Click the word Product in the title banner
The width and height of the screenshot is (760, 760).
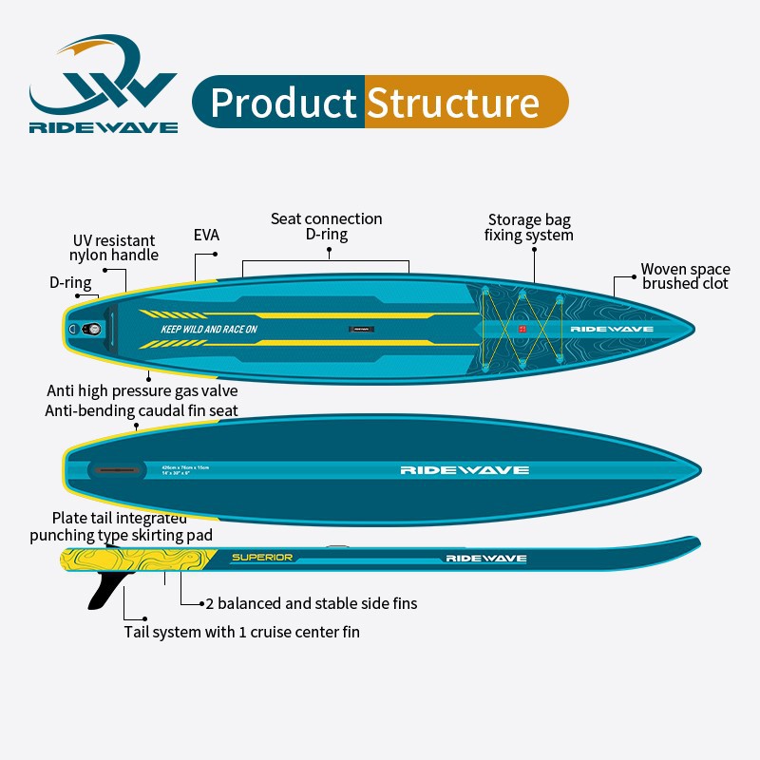click(x=283, y=103)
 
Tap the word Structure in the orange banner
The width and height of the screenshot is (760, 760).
click(x=453, y=103)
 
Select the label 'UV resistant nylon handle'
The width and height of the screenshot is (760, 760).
click(x=114, y=247)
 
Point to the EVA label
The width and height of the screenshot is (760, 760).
click(x=206, y=234)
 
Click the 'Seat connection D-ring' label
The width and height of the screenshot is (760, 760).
click(x=326, y=226)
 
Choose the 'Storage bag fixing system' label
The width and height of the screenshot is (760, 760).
click(x=529, y=227)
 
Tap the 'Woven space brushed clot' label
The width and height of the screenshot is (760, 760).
click(x=685, y=276)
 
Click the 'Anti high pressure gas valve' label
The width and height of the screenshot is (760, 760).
click(x=142, y=390)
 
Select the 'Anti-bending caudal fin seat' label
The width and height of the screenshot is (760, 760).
click(x=142, y=410)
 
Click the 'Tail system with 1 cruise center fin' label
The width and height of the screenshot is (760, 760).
click(x=241, y=632)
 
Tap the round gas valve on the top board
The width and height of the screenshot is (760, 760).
click(x=92, y=329)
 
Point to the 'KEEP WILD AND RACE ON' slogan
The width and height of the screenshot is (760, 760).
click(x=209, y=330)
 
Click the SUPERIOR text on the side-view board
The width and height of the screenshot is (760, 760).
click(x=262, y=557)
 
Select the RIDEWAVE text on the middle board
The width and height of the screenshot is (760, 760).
click(x=464, y=469)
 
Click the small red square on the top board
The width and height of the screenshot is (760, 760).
click(x=522, y=329)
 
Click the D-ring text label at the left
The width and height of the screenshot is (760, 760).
click(x=70, y=282)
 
